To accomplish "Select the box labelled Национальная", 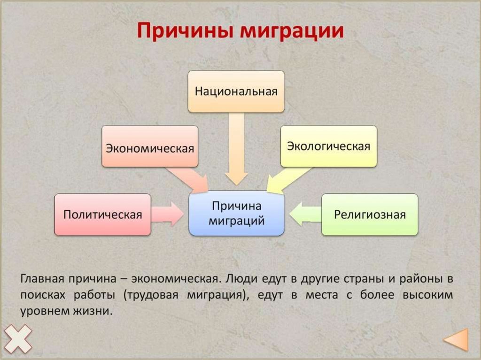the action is (236, 91).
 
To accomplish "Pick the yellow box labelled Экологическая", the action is (328, 146).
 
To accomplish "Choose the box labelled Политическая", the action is (103, 214).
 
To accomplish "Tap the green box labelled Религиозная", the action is (369, 214).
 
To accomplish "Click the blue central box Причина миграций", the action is (236, 214).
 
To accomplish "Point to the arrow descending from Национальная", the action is (236, 150).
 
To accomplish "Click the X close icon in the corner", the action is (16, 338).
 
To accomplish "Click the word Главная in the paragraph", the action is (42, 278).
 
